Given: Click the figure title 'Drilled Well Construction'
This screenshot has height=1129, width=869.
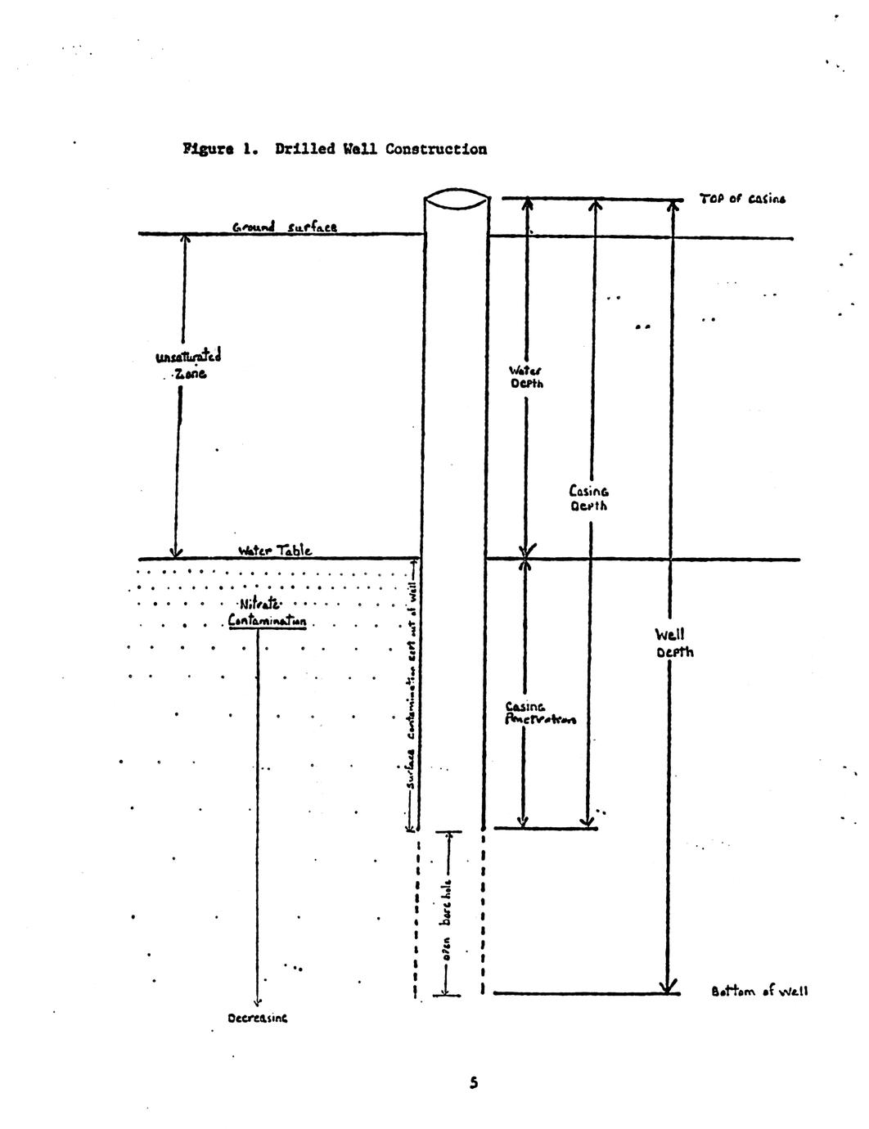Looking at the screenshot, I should click(x=381, y=150).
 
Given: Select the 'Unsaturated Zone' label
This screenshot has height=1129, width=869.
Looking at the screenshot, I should click(x=187, y=364).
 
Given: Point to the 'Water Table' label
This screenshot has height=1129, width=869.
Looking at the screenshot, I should click(x=274, y=551).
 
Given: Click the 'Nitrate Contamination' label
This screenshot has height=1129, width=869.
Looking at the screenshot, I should click(x=266, y=613).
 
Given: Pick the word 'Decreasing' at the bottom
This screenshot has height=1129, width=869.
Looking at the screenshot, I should click(x=258, y=1019).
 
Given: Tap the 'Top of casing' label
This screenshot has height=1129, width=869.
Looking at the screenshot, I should click(x=742, y=199).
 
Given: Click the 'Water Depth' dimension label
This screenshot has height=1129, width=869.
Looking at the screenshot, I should click(x=527, y=377).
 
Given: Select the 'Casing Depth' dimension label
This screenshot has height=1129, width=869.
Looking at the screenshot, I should click(x=589, y=498).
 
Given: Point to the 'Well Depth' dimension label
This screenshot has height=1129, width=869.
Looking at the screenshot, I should click(x=674, y=643).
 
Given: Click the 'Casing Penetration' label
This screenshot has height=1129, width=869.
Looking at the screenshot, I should click(x=539, y=713).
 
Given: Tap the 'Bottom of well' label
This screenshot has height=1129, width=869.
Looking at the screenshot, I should click(x=759, y=992).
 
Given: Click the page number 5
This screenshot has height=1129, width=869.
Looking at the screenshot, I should click(x=474, y=1083).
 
